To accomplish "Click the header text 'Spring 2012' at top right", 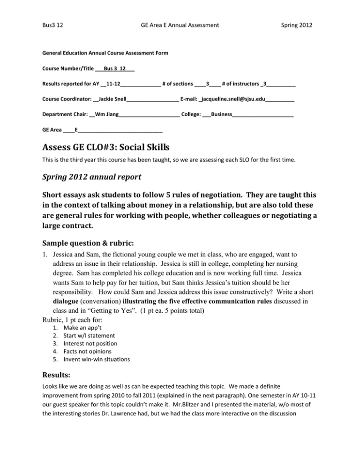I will [297, 23].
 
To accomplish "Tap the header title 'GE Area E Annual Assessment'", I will [180, 23].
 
